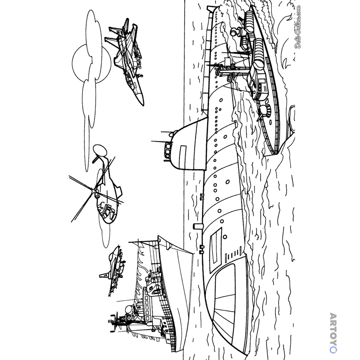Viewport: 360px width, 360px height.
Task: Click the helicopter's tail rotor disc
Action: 100,149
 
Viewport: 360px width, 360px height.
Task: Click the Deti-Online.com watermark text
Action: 298,27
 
